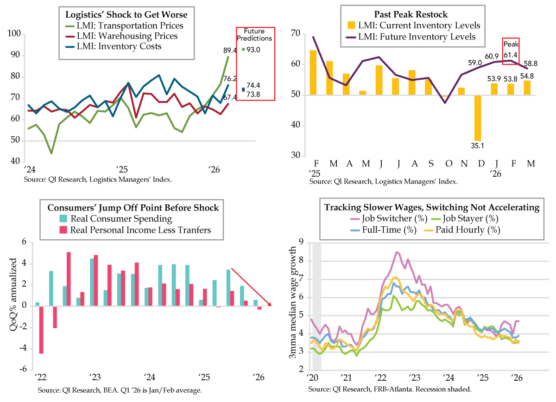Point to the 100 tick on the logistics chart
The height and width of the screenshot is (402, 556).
tap(14, 34)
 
